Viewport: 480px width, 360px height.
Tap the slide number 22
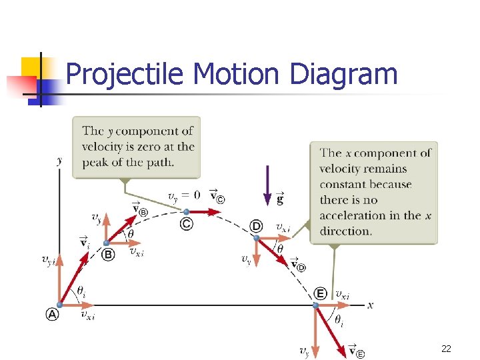click(446, 349)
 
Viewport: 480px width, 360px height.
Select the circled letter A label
click(52, 315)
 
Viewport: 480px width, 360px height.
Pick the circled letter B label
click(108, 254)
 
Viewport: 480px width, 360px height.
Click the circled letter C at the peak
click(187, 224)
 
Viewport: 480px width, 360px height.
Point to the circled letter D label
click(257, 226)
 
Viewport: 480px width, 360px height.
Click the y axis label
click(60, 160)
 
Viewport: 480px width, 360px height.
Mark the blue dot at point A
click(60, 305)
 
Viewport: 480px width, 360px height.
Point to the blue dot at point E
click(317, 305)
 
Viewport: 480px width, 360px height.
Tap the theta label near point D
click(280, 249)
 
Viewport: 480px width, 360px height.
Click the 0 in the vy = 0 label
click(195, 195)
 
